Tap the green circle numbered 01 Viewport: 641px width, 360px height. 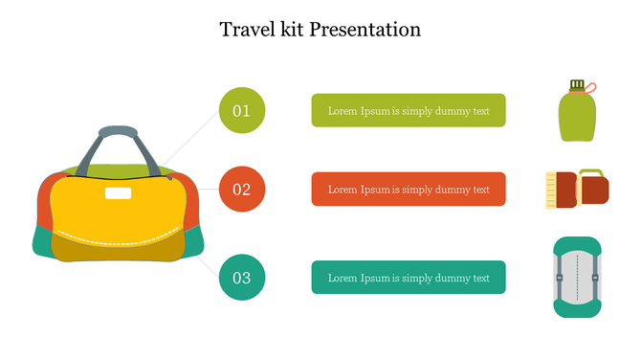coord(242,110)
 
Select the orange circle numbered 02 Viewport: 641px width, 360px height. coord(242,189)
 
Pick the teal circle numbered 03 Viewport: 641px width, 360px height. coord(242,278)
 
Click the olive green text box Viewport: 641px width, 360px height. coord(409,110)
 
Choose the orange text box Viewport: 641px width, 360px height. coord(409,189)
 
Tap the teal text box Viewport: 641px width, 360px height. coord(409,278)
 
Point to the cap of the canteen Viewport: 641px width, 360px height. coord(576,85)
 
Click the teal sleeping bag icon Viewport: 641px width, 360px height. coord(577,278)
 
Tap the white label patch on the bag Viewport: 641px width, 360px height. coord(119,193)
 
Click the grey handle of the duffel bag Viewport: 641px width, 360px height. coord(119,133)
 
